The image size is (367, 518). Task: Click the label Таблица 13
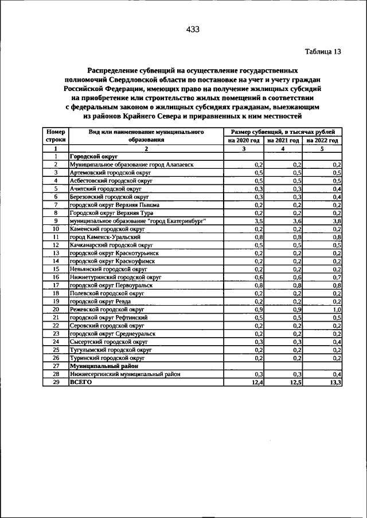click(322, 52)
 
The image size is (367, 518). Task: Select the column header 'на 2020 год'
click(244, 140)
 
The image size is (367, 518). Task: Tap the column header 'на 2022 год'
click(322, 140)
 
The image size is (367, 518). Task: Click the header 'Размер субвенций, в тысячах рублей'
click(283, 132)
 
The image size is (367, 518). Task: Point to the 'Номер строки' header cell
click(56, 136)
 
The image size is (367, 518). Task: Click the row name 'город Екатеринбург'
click(138, 220)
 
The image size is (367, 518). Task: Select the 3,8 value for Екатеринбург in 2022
click(337, 220)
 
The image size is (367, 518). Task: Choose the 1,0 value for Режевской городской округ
click(337, 309)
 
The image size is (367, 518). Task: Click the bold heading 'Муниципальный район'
click(100, 365)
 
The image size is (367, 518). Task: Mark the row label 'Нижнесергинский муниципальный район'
click(125, 374)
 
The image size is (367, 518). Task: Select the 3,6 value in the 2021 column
click(297, 220)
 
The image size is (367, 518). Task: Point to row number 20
click(56, 309)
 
